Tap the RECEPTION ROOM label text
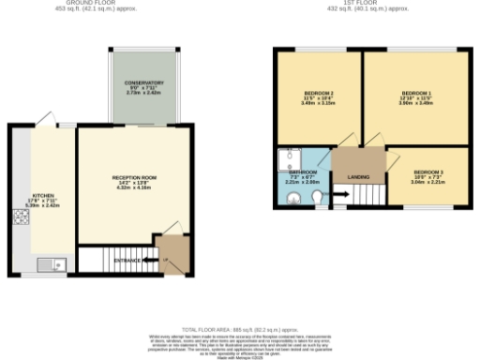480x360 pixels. click(134, 177)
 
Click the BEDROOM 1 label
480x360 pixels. click(415, 94)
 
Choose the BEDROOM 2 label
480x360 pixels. click(320, 94)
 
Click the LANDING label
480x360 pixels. click(358, 176)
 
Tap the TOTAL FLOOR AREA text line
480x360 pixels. click(242, 330)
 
